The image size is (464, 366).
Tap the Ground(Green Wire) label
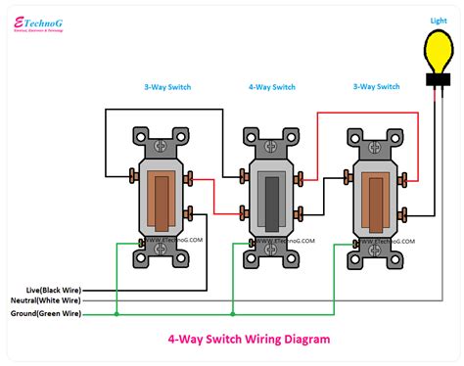tap(55, 314)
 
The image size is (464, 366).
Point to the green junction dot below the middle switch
tap(232, 314)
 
